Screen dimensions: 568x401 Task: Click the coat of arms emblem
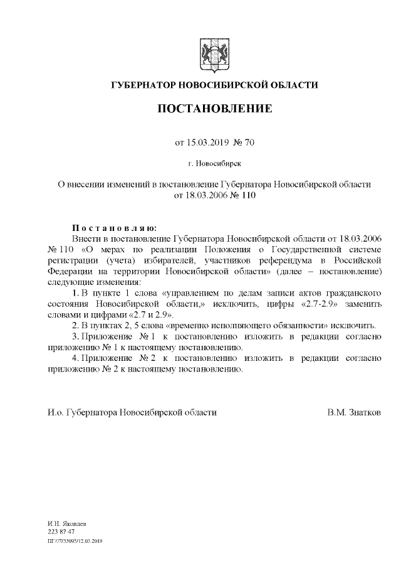click(214, 55)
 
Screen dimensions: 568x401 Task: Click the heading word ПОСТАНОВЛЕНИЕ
click(214, 109)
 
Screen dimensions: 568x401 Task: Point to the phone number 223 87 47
click(61, 531)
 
